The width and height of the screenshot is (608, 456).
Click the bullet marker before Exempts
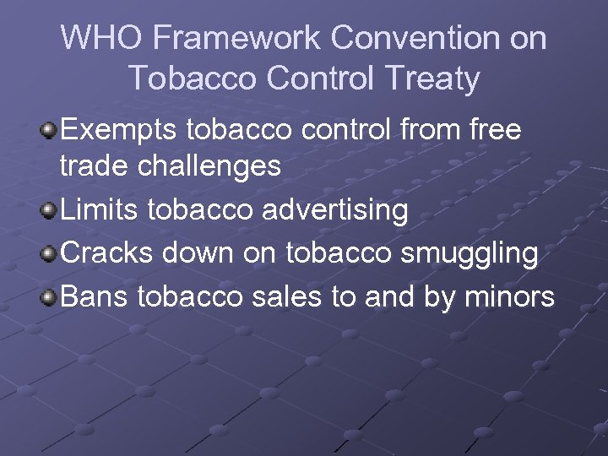[50, 130]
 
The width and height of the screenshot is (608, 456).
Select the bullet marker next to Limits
[50, 209]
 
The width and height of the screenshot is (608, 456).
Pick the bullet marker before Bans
[50, 297]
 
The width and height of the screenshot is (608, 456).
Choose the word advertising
[335, 209]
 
